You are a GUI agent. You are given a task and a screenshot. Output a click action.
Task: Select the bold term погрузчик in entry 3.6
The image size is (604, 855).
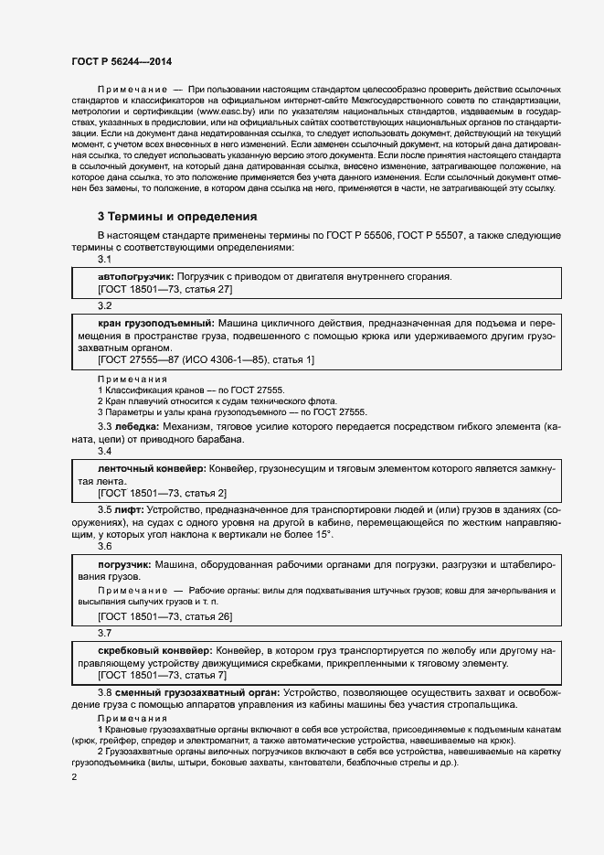124,564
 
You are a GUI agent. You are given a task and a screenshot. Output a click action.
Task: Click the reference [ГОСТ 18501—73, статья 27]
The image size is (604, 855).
164,289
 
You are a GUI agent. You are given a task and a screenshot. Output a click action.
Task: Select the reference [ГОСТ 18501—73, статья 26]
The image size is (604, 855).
164,617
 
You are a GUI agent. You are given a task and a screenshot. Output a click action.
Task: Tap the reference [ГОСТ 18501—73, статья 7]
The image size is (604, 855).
162,675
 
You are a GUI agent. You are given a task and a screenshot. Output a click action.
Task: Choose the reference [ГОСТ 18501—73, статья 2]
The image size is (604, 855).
162,493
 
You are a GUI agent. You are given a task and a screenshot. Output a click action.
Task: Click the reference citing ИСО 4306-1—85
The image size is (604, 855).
206,359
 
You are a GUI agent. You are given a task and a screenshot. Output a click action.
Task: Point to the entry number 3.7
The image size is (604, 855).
104,633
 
